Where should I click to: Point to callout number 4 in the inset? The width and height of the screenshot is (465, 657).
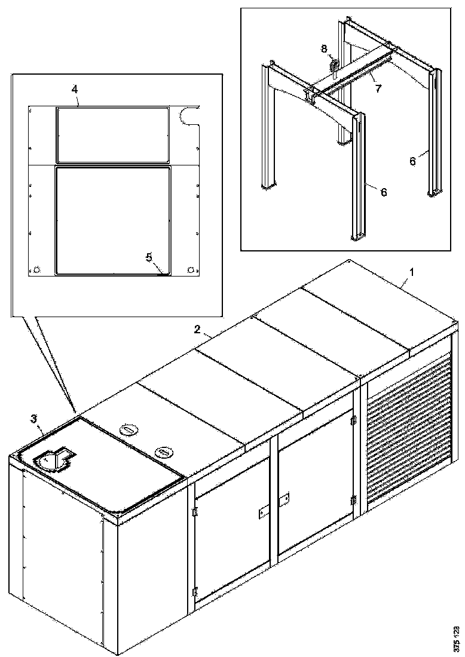(74, 88)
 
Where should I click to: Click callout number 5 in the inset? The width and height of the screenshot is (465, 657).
(149, 257)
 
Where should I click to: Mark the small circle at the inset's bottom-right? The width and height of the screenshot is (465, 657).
(191, 270)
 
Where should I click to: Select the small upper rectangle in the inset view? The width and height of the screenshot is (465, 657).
(112, 134)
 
